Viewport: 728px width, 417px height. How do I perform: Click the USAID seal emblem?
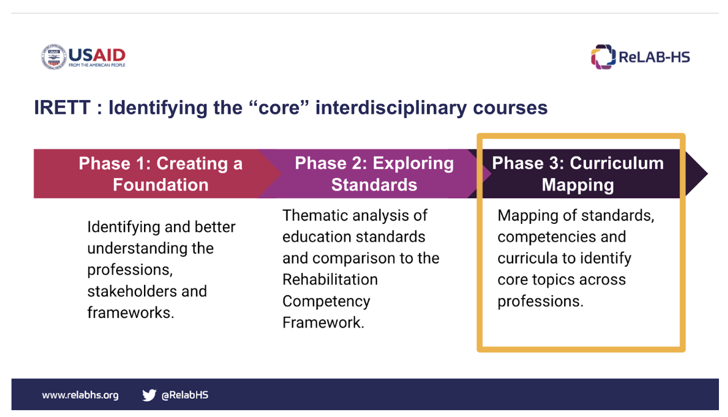[54, 57]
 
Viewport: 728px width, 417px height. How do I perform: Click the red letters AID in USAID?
[109, 55]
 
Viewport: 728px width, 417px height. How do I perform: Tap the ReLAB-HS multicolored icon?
[603, 57]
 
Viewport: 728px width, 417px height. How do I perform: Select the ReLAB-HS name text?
[654, 57]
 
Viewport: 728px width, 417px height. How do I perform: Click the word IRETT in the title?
[62, 108]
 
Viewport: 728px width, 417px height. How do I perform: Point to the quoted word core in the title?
[278, 108]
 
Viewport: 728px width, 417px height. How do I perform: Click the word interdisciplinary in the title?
[391, 108]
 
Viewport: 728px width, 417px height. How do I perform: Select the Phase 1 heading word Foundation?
[160, 185]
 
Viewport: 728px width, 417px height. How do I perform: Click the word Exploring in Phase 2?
[413, 164]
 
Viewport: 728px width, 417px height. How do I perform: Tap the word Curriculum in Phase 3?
[616, 163]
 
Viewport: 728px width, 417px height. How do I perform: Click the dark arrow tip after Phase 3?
[707, 173]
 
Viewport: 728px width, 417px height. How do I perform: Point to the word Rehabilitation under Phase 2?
[330, 280]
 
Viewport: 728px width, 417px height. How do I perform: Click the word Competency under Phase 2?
[327, 302]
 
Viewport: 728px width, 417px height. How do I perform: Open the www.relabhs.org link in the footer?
[81, 395]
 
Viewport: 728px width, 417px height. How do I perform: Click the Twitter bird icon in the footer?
[149, 395]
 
